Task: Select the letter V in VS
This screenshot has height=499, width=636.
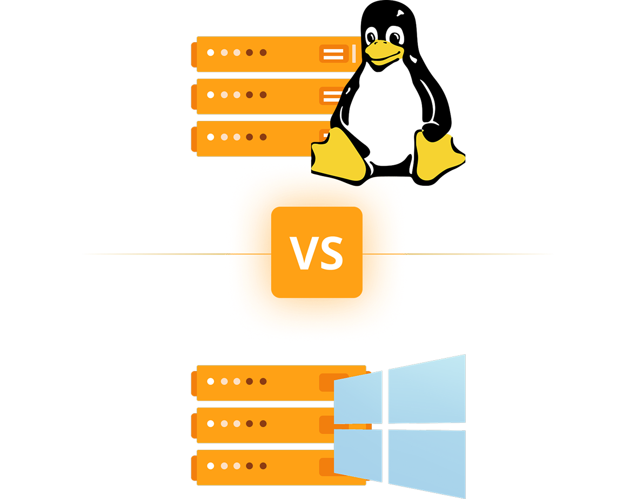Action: coord(304,252)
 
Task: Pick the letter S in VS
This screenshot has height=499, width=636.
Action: coord(331,252)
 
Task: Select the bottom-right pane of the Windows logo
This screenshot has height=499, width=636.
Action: coord(427,462)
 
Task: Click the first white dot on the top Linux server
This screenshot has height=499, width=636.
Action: coord(211,53)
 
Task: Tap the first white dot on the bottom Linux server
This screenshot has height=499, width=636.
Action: coord(211,137)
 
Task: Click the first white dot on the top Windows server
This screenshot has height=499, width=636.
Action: coord(211,381)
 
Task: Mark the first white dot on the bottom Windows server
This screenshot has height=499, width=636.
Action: coord(211,466)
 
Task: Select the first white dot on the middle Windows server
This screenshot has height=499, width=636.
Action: coord(211,423)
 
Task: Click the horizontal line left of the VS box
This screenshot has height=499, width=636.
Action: coord(162,253)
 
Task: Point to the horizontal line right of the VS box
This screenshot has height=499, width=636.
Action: coord(470,253)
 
